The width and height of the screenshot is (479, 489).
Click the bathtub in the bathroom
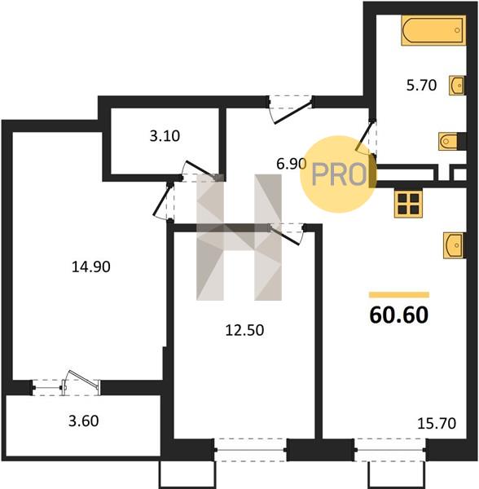[433, 30]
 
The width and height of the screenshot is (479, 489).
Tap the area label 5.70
[421, 85]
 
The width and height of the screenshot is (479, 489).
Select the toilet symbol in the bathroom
[452, 141]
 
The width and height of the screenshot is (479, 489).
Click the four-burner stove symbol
[408, 204]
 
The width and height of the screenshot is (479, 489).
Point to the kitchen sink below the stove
[455, 245]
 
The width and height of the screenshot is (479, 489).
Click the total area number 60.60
[398, 315]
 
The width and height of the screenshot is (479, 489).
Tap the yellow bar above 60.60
[399, 295]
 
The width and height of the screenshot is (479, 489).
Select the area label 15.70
[437, 424]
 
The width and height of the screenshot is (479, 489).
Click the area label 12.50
[244, 330]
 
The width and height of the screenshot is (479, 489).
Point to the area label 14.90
[90, 267]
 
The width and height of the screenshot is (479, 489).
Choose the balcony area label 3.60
[84, 421]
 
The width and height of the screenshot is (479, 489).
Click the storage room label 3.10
[165, 136]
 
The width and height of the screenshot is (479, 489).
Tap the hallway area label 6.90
[291, 164]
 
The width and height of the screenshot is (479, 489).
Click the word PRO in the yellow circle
[339, 174]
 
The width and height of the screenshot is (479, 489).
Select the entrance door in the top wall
[291, 108]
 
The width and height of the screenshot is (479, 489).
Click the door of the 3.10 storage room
[200, 171]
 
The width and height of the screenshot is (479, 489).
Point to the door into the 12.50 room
[288, 233]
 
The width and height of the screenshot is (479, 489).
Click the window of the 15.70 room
[390, 450]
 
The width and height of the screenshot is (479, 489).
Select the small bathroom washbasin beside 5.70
[458, 85]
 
